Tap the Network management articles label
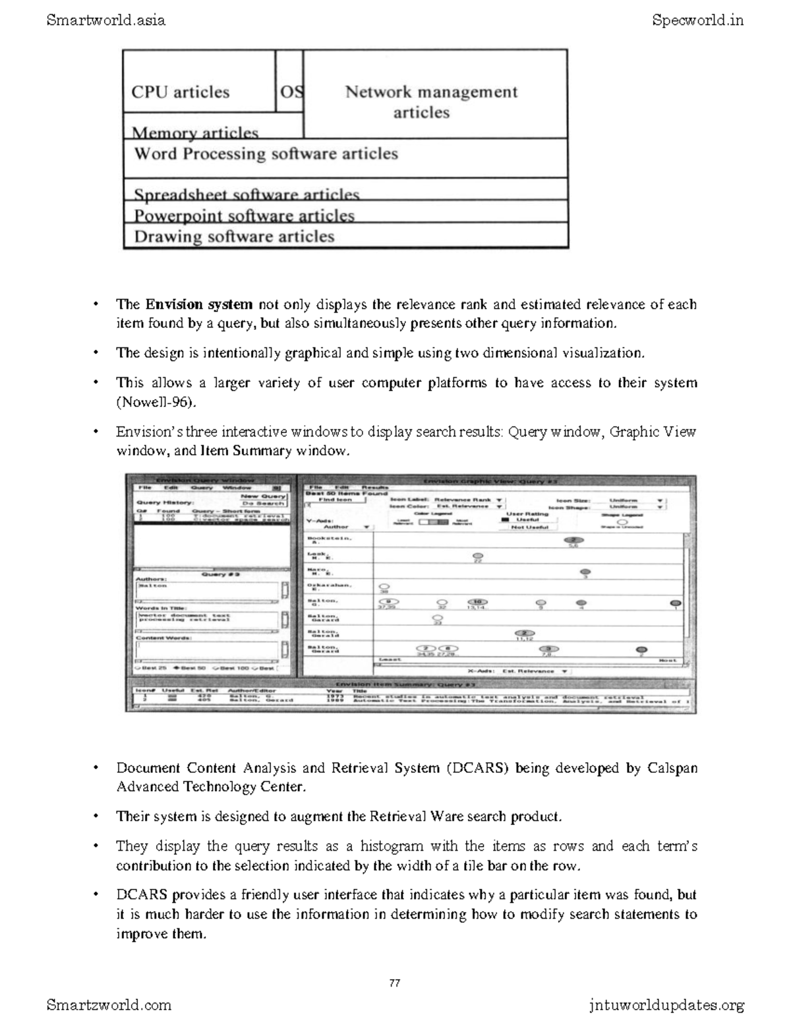pos(431,102)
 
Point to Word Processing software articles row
pos(266,154)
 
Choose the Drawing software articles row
pos(234,237)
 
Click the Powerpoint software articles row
pos(244,215)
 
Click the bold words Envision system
pos(199,305)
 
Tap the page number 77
pos(395,982)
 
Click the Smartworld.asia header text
pos(105,20)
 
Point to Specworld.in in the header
pos(697,20)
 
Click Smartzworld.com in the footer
pos(109,1005)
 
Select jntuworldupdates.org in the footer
pos(666,1005)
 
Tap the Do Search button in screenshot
pos(263,503)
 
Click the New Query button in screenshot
pos(263,496)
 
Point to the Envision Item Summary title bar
pos(409,684)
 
